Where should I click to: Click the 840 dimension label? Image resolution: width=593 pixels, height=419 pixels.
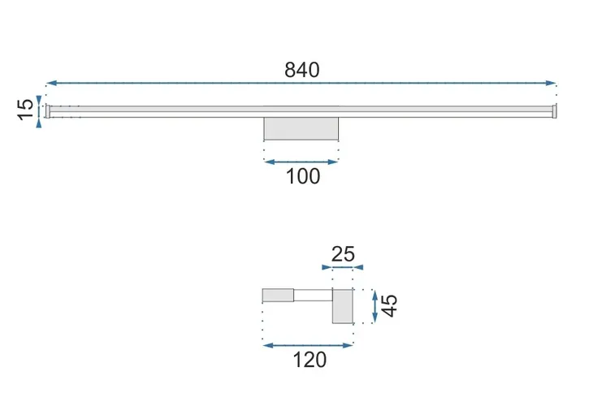(x=302, y=70)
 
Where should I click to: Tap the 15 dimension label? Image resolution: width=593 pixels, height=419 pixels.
(x=26, y=110)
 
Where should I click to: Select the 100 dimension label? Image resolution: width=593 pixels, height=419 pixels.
(x=303, y=176)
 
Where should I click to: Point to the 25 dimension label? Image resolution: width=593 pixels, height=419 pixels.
(x=343, y=254)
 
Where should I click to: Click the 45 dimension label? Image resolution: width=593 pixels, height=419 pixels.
(x=389, y=305)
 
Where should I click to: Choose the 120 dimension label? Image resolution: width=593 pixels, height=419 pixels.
(x=309, y=360)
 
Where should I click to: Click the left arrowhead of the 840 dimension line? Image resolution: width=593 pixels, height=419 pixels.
(x=51, y=83)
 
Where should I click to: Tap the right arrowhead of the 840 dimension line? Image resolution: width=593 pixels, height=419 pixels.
(x=551, y=83)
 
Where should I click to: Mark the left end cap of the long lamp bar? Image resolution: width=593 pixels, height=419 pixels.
(x=48, y=111)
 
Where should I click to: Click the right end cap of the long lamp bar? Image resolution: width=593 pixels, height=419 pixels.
(x=554, y=111)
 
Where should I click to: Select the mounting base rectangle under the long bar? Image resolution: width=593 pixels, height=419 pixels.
(x=301, y=128)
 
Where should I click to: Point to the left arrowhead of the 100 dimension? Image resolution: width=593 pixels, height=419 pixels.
(x=269, y=162)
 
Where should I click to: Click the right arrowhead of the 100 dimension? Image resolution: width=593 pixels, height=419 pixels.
(x=333, y=162)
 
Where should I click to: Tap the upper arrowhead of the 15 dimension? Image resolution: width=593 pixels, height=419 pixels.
(x=38, y=101)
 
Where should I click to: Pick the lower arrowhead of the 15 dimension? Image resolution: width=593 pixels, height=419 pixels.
(x=38, y=123)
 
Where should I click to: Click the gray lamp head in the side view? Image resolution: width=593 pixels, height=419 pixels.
(x=278, y=296)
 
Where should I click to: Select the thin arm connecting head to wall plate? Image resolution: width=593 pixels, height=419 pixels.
(x=313, y=296)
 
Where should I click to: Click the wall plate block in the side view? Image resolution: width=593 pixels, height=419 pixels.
(x=343, y=306)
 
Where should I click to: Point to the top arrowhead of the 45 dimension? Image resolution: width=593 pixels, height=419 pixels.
(x=374, y=296)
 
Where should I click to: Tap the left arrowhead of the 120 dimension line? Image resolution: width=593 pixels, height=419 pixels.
(x=268, y=345)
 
